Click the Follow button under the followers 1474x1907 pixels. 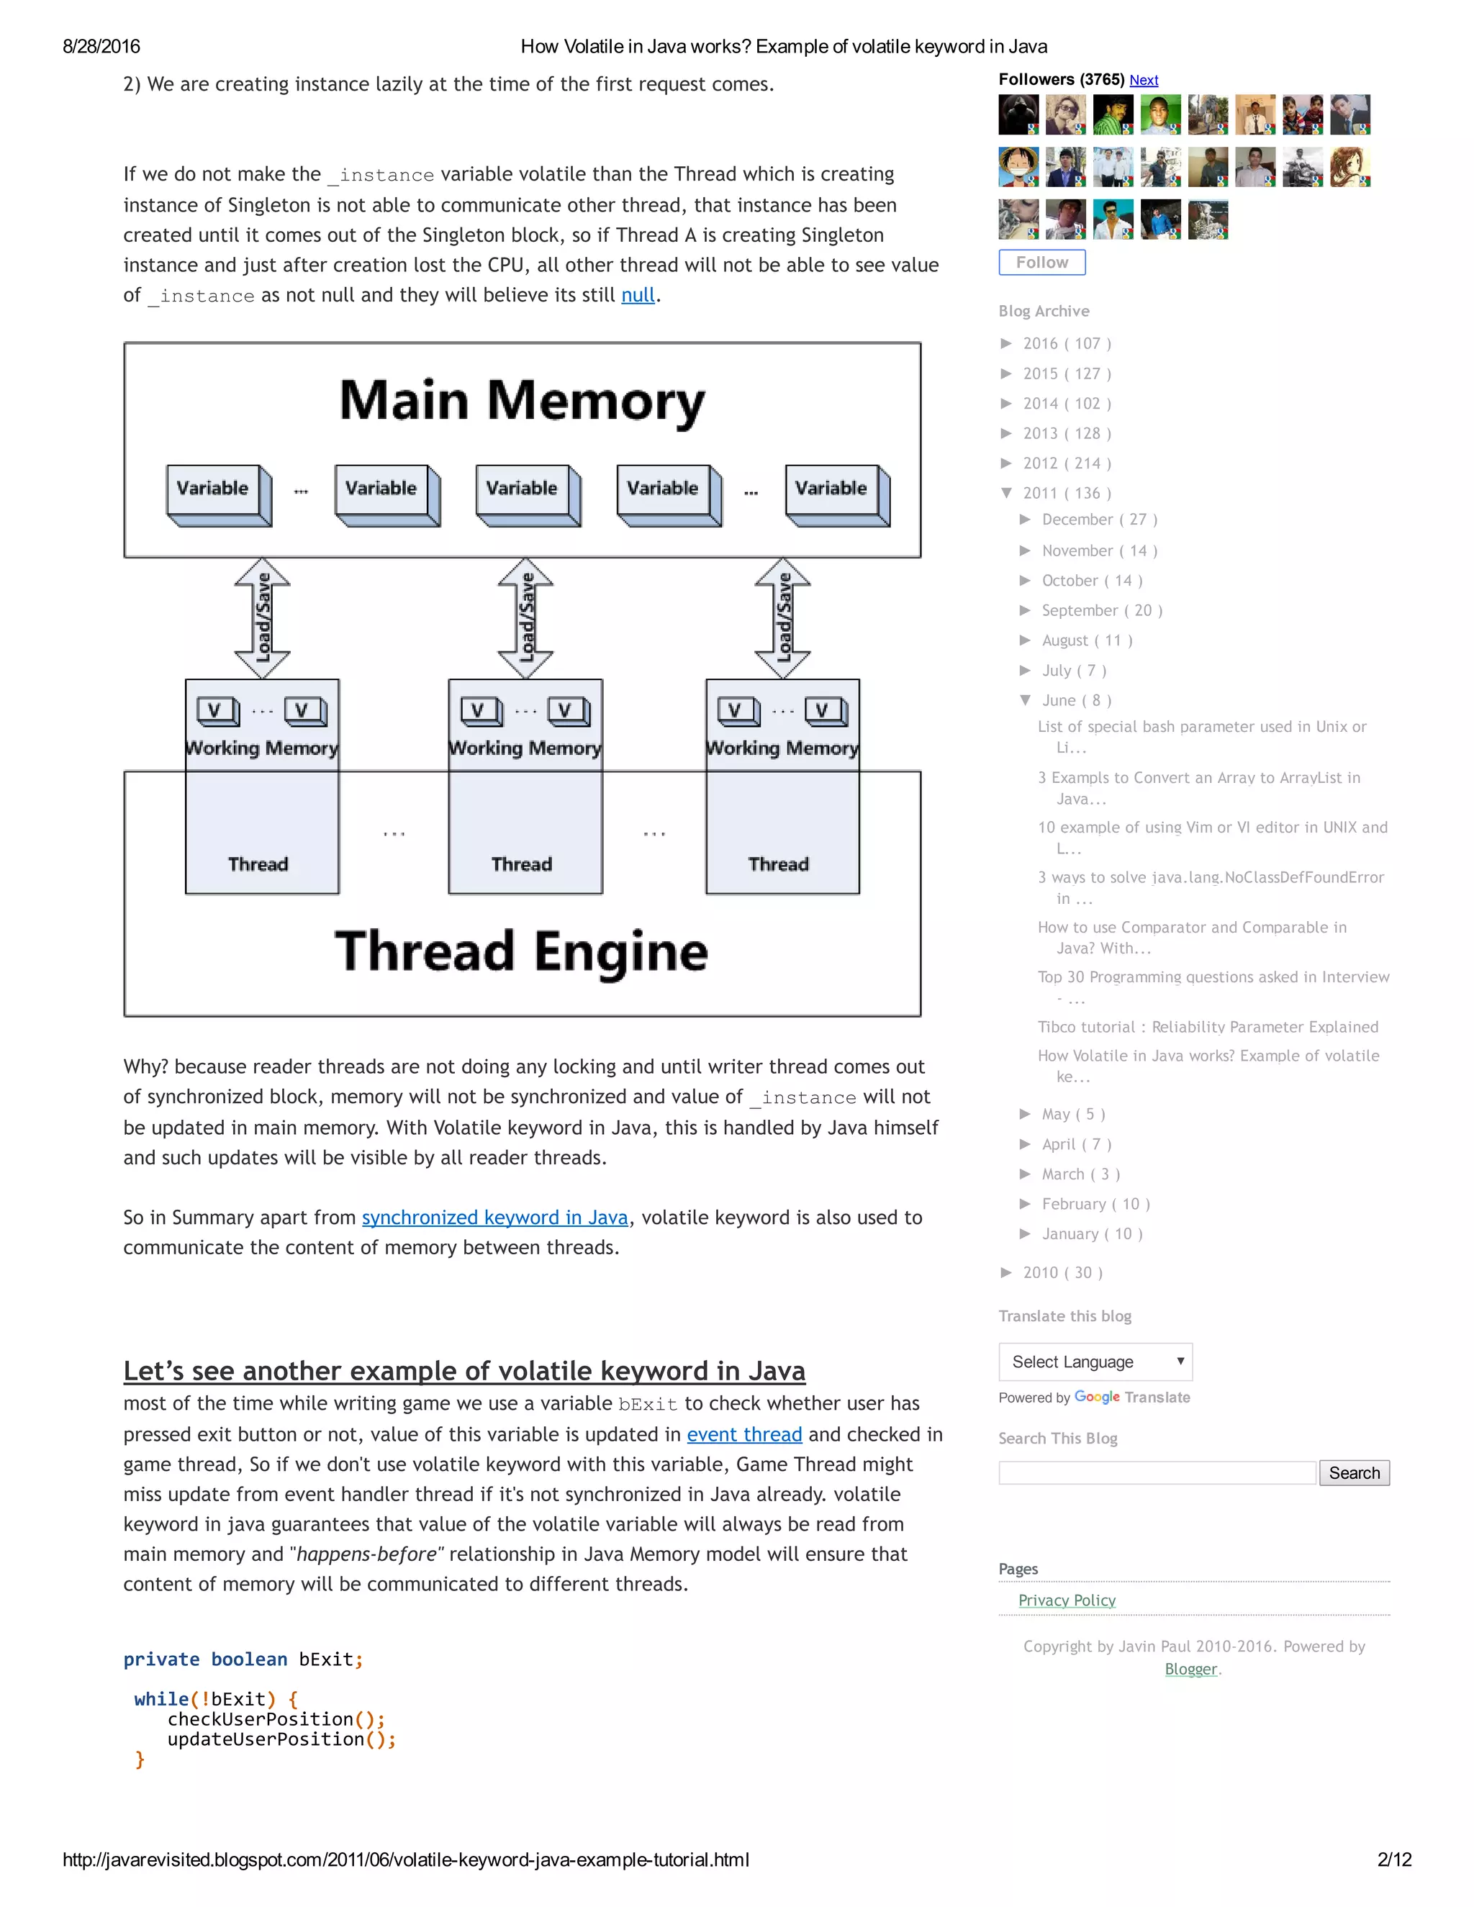pos(1041,262)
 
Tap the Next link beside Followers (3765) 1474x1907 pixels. pos(1143,81)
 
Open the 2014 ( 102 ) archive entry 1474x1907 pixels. pos(1066,404)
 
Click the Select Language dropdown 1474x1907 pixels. pos(1095,1362)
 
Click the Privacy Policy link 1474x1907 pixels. pos(1066,1600)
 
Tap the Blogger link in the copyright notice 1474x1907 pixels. pos(1190,1669)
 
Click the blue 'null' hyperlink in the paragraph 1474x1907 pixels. pos(638,295)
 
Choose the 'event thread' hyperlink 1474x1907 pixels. pos(744,1435)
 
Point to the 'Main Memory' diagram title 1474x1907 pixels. pos(521,401)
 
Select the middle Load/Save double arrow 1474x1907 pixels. pos(525,618)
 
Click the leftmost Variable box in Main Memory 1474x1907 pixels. pos(213,490)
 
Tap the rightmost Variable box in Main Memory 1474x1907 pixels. pos(831,490)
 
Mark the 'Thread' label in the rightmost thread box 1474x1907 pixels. pos(778,864)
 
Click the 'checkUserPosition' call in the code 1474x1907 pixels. pos(261,1719)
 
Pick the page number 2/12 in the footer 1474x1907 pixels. pos(1393,1859)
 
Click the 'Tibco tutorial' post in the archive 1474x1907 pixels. pos(1208,1027)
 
